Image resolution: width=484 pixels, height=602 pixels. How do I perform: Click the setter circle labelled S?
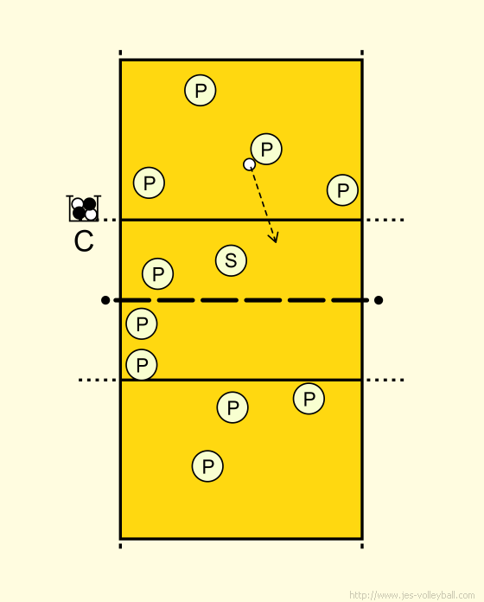231,260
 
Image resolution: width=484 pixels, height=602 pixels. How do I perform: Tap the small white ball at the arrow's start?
249,164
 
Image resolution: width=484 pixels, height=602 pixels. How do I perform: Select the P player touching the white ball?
266,149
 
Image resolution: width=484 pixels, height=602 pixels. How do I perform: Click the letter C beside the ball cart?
84,241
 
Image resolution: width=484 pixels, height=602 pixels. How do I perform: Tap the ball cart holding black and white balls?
84,208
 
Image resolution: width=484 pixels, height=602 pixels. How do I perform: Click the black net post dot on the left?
105,300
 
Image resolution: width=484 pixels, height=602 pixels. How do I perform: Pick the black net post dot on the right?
379,300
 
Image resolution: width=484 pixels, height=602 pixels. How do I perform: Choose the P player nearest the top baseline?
201,90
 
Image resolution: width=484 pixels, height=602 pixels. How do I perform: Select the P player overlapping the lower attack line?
142,365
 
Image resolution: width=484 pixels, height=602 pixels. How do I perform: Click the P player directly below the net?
142,323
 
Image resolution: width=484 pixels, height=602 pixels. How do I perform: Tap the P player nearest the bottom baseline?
207,466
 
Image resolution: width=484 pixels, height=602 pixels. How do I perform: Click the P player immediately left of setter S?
157,273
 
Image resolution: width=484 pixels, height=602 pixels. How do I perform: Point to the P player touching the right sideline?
342,190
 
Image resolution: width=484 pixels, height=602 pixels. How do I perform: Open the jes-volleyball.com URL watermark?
412,595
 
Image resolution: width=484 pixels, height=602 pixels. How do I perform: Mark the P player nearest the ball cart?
150,183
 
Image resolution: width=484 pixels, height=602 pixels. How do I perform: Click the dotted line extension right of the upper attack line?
385,220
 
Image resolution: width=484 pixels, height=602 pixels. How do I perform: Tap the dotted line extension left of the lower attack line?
98,380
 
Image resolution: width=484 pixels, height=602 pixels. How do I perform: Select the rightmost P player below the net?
309,399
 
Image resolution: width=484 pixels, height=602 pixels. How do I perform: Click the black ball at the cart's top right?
89,204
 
